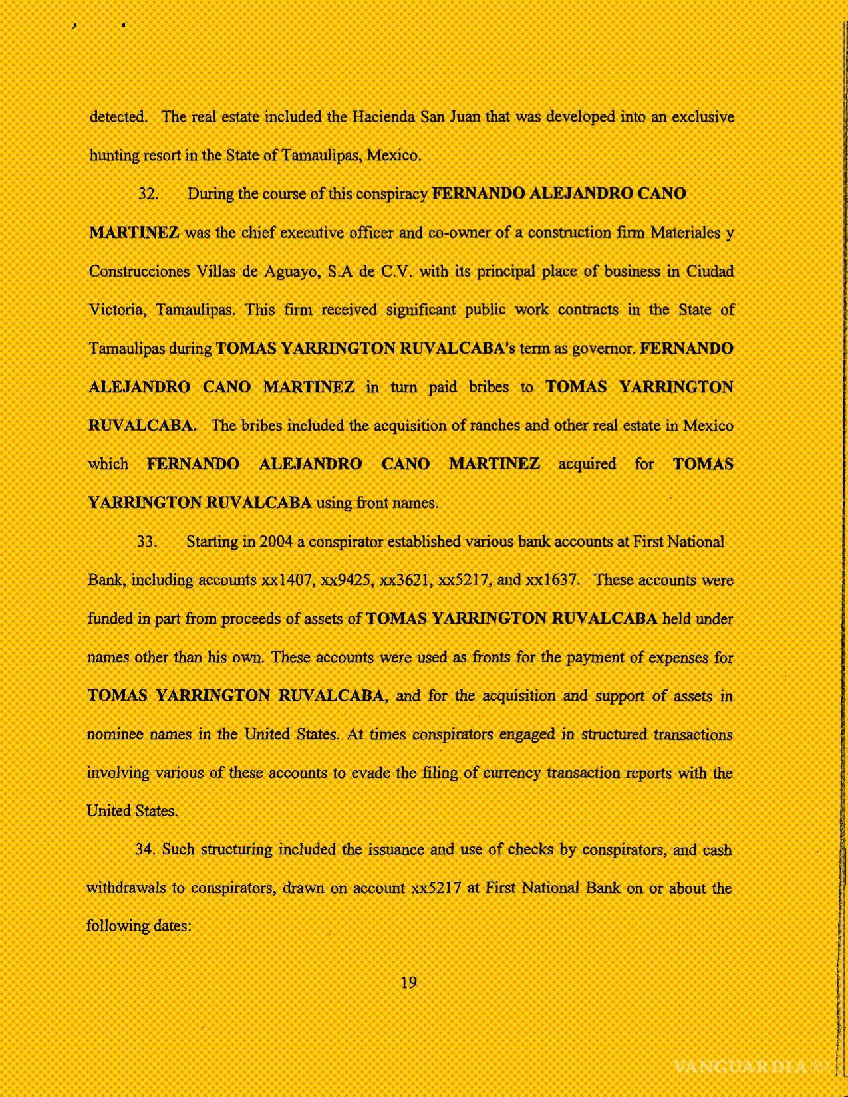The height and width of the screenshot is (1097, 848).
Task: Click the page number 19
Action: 408,982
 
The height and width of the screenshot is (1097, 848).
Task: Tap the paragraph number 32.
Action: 148,194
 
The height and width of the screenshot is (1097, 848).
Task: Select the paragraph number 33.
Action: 147,541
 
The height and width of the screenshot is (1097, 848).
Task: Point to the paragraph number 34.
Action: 145,850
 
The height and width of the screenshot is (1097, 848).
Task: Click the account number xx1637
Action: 552,580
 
